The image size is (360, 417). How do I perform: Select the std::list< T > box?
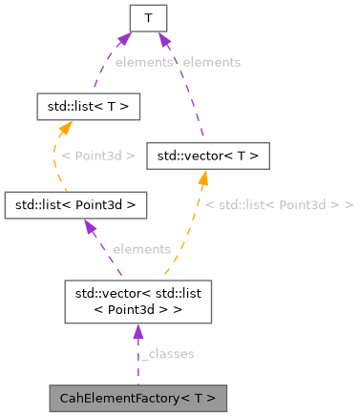click(x=88, y=106)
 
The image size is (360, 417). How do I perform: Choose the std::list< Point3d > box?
click(x=74, y=203)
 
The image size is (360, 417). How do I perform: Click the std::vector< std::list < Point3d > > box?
click(x=138, y=302)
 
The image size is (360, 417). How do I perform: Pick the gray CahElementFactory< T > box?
click(x=138, y=397)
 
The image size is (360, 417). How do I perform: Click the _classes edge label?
click(x=167, y=354)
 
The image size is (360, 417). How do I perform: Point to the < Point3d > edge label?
click(x=97, y=155)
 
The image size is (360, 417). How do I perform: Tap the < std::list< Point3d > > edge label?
click(x=279, y=204)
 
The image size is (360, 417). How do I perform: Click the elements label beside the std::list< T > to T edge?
click(x=143, y=61)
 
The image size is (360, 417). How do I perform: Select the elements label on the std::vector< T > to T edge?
click(x=211, y=61)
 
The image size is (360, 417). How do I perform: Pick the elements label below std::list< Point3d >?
click(x=141, y=249)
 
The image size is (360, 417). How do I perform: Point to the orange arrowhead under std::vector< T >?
click(x=204, y=177)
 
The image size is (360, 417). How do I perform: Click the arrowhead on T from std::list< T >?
click(x=124, y=38)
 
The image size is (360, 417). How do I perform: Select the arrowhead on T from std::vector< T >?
click(x=163, y=38)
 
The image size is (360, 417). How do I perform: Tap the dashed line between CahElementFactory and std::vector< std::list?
click(x=138, y=367)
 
